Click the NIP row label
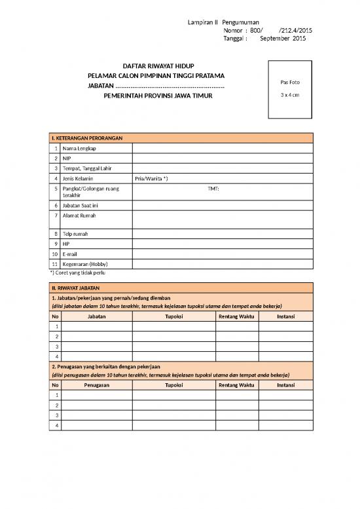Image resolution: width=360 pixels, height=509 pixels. [67, 159]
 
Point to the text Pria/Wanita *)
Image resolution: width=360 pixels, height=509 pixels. [151, 178]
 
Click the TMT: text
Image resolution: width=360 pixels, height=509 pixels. [213, 189]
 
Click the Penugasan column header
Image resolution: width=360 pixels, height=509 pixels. [96, 385]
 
